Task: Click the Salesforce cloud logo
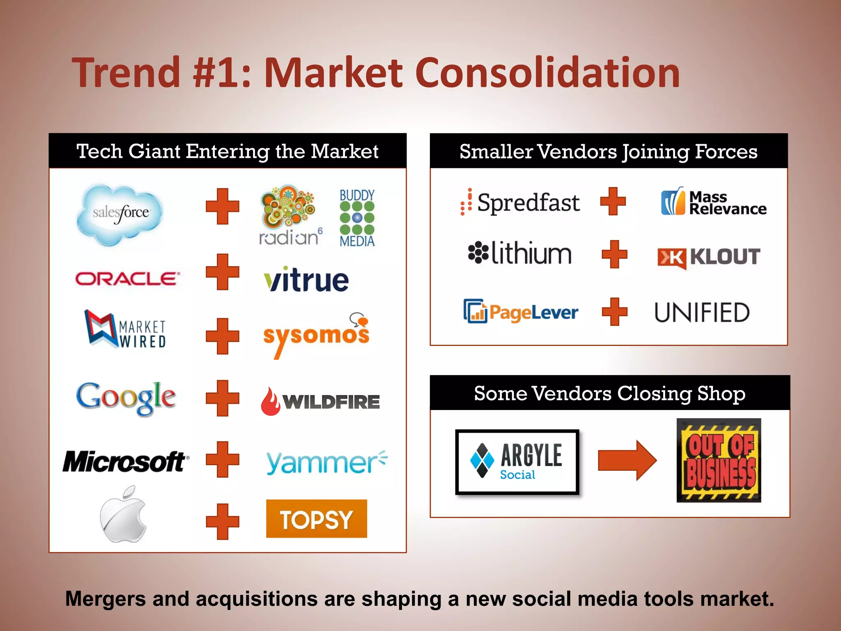120,214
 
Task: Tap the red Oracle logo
127,279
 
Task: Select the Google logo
126,397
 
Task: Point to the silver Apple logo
123,514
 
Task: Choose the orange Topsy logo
316,519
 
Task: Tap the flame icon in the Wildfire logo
270,401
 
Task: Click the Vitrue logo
306,280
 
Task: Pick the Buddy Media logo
357,218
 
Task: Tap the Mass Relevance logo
714,203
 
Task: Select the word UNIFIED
702,313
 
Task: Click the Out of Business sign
719,460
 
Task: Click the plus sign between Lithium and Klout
614,254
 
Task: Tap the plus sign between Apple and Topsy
222,521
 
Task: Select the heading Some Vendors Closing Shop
610,393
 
